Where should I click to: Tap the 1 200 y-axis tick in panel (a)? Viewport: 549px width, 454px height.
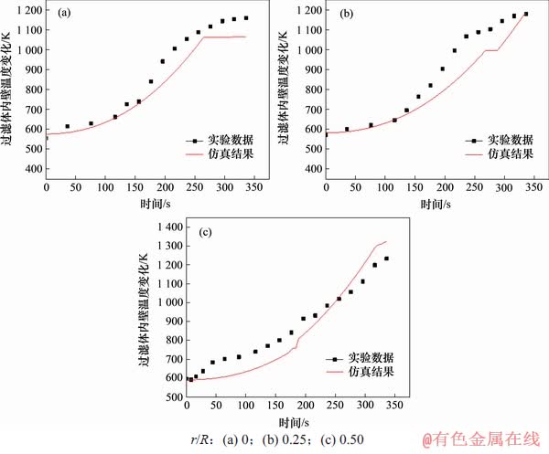point(27,10)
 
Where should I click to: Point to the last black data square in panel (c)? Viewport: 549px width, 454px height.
point(386,259)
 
